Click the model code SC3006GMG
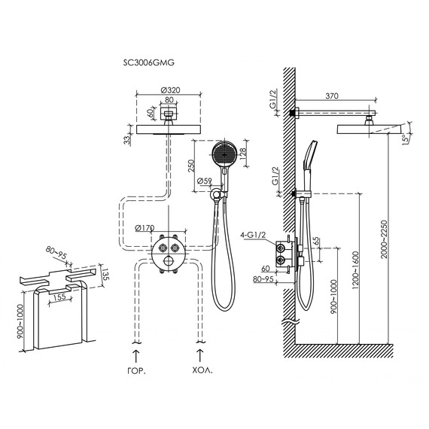point(148,62)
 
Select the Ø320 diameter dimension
point(170,90)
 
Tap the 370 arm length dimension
point(332,96)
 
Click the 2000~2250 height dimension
point(385,239)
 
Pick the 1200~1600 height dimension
point(355,270)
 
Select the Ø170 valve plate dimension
point(145,227)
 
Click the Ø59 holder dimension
point(205,181)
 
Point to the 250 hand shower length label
point(191,166)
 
